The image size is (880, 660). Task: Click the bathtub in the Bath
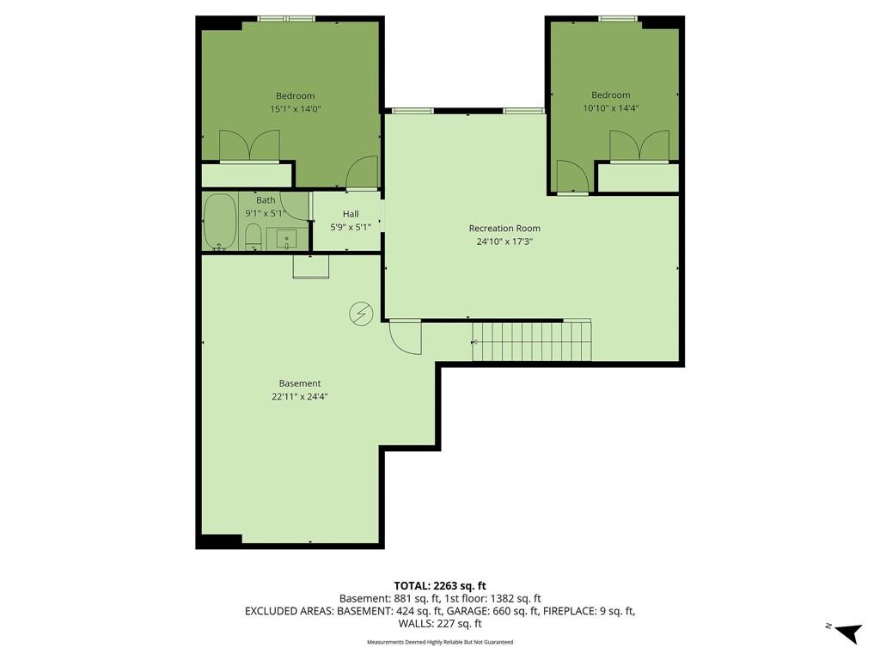click(219, 222)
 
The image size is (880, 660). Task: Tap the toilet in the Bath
click(254, 237)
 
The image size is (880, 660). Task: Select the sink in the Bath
click(287, 239)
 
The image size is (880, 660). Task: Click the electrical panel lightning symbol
click(361, 314)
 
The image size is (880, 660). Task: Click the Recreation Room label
click(504, 229)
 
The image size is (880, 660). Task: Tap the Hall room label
click(351, 214)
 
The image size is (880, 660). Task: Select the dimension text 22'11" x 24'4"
click(300, 397)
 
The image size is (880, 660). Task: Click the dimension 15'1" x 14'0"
click(296, 109)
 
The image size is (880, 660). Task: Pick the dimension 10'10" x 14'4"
click(611, 108)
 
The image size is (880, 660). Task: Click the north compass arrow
click(848, 632)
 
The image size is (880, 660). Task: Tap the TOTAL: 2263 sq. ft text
click(440, 586)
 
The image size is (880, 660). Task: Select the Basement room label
click(300, 383)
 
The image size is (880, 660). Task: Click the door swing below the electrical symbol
click(406, 337)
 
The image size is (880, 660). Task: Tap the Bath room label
click(266, 200)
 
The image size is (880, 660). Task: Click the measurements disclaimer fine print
click(440, 642)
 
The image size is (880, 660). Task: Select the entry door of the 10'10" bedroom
click(572, 177)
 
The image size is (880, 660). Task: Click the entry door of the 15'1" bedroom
click(363, 173)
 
